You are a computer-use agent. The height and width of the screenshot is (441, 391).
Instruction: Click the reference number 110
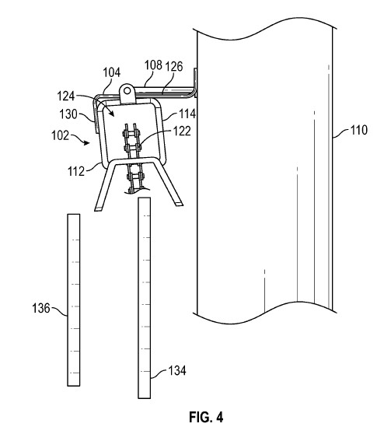359,130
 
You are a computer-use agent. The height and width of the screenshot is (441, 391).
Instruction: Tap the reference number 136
41,308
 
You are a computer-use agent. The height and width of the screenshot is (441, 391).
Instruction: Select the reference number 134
177,370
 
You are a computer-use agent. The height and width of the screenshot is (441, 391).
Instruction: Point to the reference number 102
60,135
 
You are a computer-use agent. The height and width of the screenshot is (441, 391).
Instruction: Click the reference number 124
66,96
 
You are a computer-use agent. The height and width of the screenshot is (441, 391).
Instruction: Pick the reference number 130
68,114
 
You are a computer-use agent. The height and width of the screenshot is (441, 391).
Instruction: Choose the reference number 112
76,171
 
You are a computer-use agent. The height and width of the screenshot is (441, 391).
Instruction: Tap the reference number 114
187,114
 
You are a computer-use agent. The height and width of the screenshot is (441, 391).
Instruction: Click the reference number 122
182,131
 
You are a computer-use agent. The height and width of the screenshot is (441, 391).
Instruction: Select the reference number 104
112,72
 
